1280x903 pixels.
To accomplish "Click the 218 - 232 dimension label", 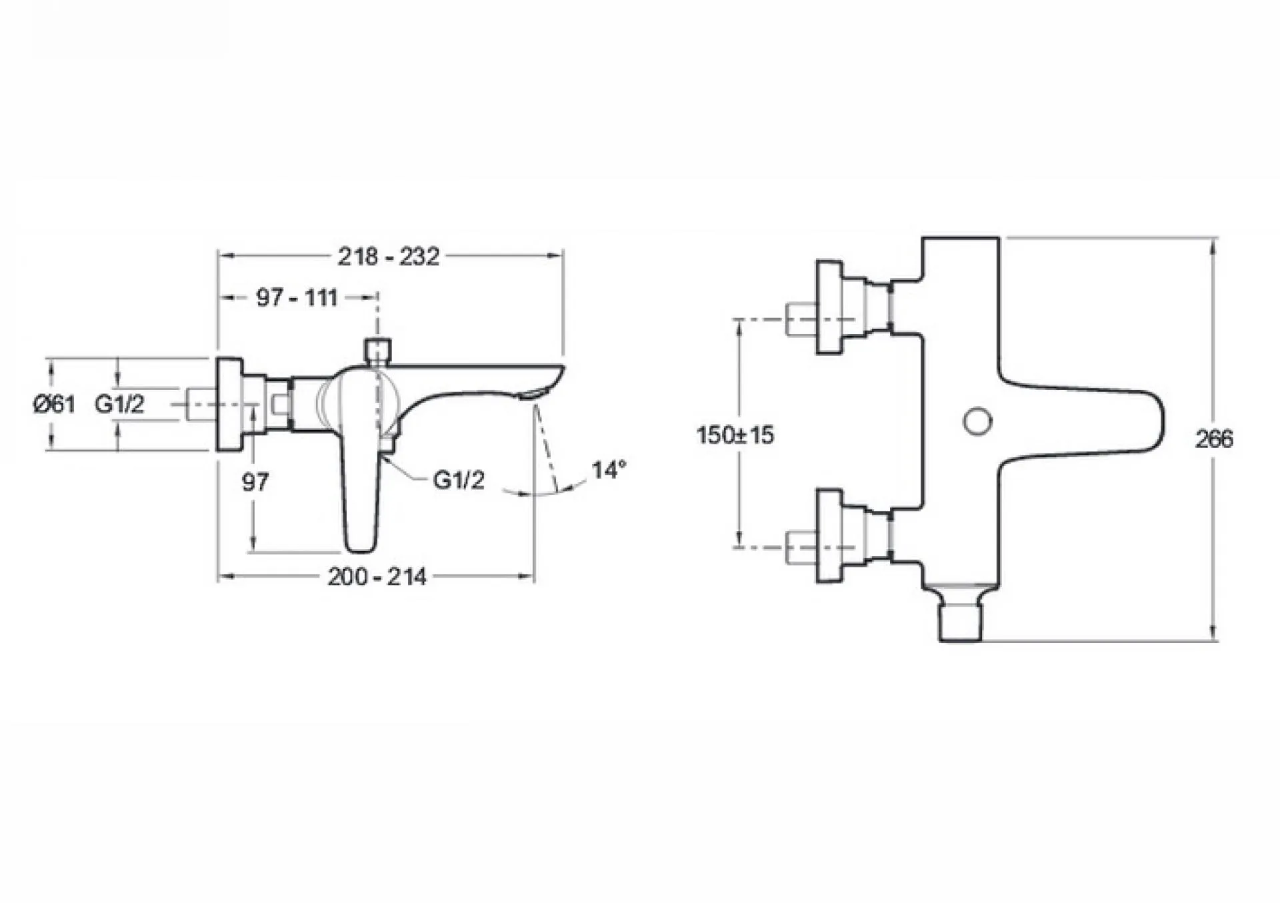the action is tap(389, 257).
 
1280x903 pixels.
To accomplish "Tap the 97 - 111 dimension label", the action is tap(297, 297).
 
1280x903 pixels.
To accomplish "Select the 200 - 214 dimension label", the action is tap(377, 577).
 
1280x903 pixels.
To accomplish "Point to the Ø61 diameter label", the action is tap(54, 403).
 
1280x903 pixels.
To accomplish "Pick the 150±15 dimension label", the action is tap(735, 435).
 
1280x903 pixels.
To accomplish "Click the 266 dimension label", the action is tap(1214, 439).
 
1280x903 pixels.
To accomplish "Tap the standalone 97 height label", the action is tap(255, 482).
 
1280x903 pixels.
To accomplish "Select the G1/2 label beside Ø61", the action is tap(119, 403).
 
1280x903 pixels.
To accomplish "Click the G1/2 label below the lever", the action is tap(459, 480).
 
